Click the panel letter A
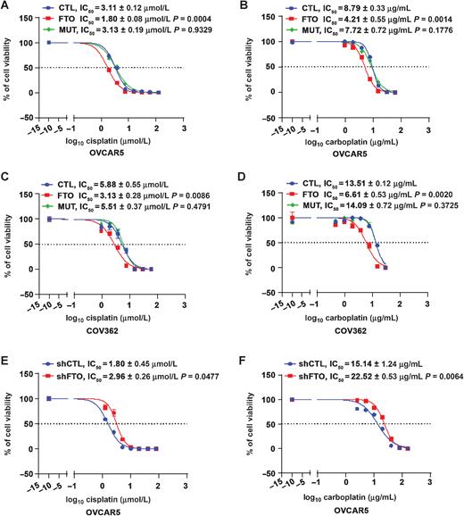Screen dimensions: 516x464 (6, 7)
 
